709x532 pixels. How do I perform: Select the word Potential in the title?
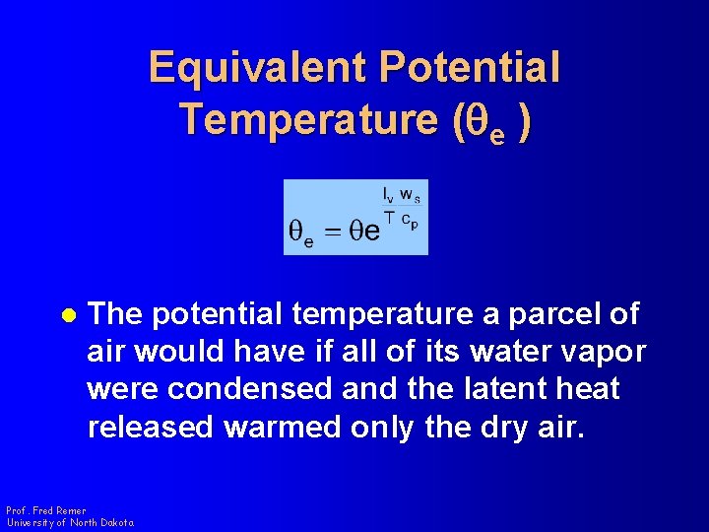coord(469,68)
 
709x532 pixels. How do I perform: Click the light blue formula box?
coord(355,218)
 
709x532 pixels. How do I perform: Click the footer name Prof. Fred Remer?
coord(45,511)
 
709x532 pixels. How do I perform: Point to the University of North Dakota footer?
coord(70,523)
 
